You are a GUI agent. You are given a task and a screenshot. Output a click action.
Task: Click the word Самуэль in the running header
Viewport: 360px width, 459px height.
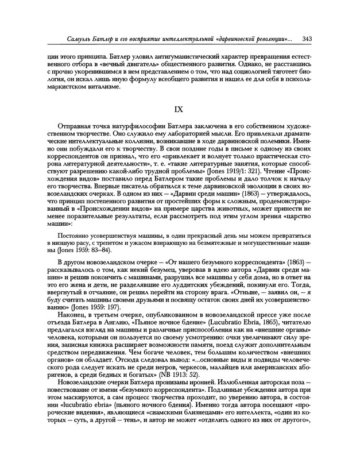click(x=67, y=38)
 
